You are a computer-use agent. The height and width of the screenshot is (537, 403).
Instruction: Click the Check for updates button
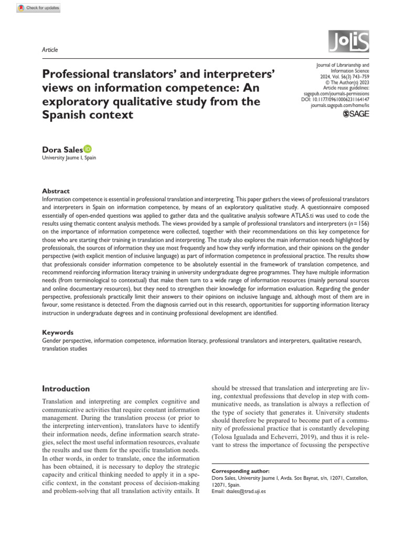click(x=39, y=8)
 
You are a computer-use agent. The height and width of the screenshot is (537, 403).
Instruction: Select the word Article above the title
click(x=49, y=50)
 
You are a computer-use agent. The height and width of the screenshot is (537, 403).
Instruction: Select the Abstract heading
click(x=56, y=191)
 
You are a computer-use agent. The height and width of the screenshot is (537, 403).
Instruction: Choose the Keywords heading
click(x=57, y=332)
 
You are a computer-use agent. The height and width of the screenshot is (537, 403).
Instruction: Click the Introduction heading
click(x=66, y=389)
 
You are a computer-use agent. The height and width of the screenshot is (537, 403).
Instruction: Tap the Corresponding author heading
click(x=240, y=471)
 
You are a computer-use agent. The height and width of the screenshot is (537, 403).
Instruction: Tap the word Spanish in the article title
click(x=67, y=114)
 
